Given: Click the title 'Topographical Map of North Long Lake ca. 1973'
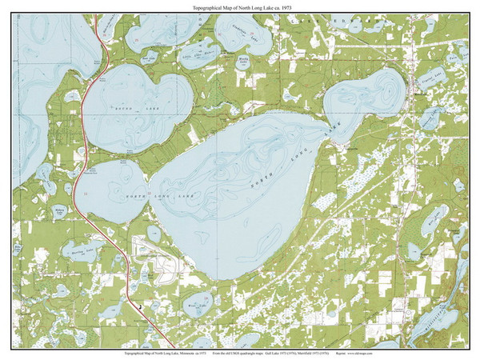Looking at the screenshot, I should pyautogui.click(x=239, y=6).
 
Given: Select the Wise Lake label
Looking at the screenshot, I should pyautogui.click(x=195, y=306).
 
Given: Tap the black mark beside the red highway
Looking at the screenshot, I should pyautogui.click(x=140, y=306).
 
